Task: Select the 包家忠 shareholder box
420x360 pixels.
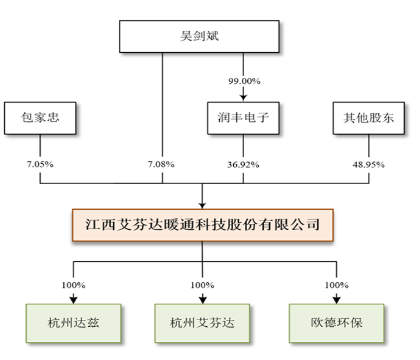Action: pyautogui.click(x=39, y=118)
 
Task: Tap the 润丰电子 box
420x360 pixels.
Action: pyautogui.click(x=243, y=118)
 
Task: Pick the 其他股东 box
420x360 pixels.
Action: pyautogui.click(x=368, y=118)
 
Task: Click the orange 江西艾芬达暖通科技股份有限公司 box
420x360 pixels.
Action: pyautogui.click(x=202, y=225)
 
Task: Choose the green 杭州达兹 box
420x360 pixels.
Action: pyautogui.click(x=74, y=322)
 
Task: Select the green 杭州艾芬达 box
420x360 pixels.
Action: pyautogui.click(x=202, y=322)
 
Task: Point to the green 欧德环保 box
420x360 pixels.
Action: pyautogui.click(x=336, y=322)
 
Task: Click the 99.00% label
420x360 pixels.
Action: pyautogui.click(x=243, y=81)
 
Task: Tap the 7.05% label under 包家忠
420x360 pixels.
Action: pyautogui.click(x=39, y=164)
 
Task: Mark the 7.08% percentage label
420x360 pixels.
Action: pyautogui.click(x=162, y=164)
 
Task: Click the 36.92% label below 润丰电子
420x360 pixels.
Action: pyautogui.click(x=243, y=164)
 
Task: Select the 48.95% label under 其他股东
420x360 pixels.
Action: pyautogui.click(x=368, y=164)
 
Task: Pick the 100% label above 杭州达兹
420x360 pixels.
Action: pyautogui.click(x=74, y=285)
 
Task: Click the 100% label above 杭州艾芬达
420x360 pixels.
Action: pyautogui.click(x=202, y=285)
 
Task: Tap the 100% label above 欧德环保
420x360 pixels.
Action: pyautogui.click(x=336, y=285)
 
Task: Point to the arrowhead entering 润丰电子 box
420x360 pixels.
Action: pyautogui.click(x=243, y=98)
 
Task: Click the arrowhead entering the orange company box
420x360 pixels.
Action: pyautogui.click(x=202, y=205)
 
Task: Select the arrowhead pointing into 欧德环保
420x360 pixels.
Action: pyautogui.click(x=336, y=300)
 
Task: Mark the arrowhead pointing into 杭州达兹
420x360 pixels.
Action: pyautogui.click(x=74, y=300)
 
